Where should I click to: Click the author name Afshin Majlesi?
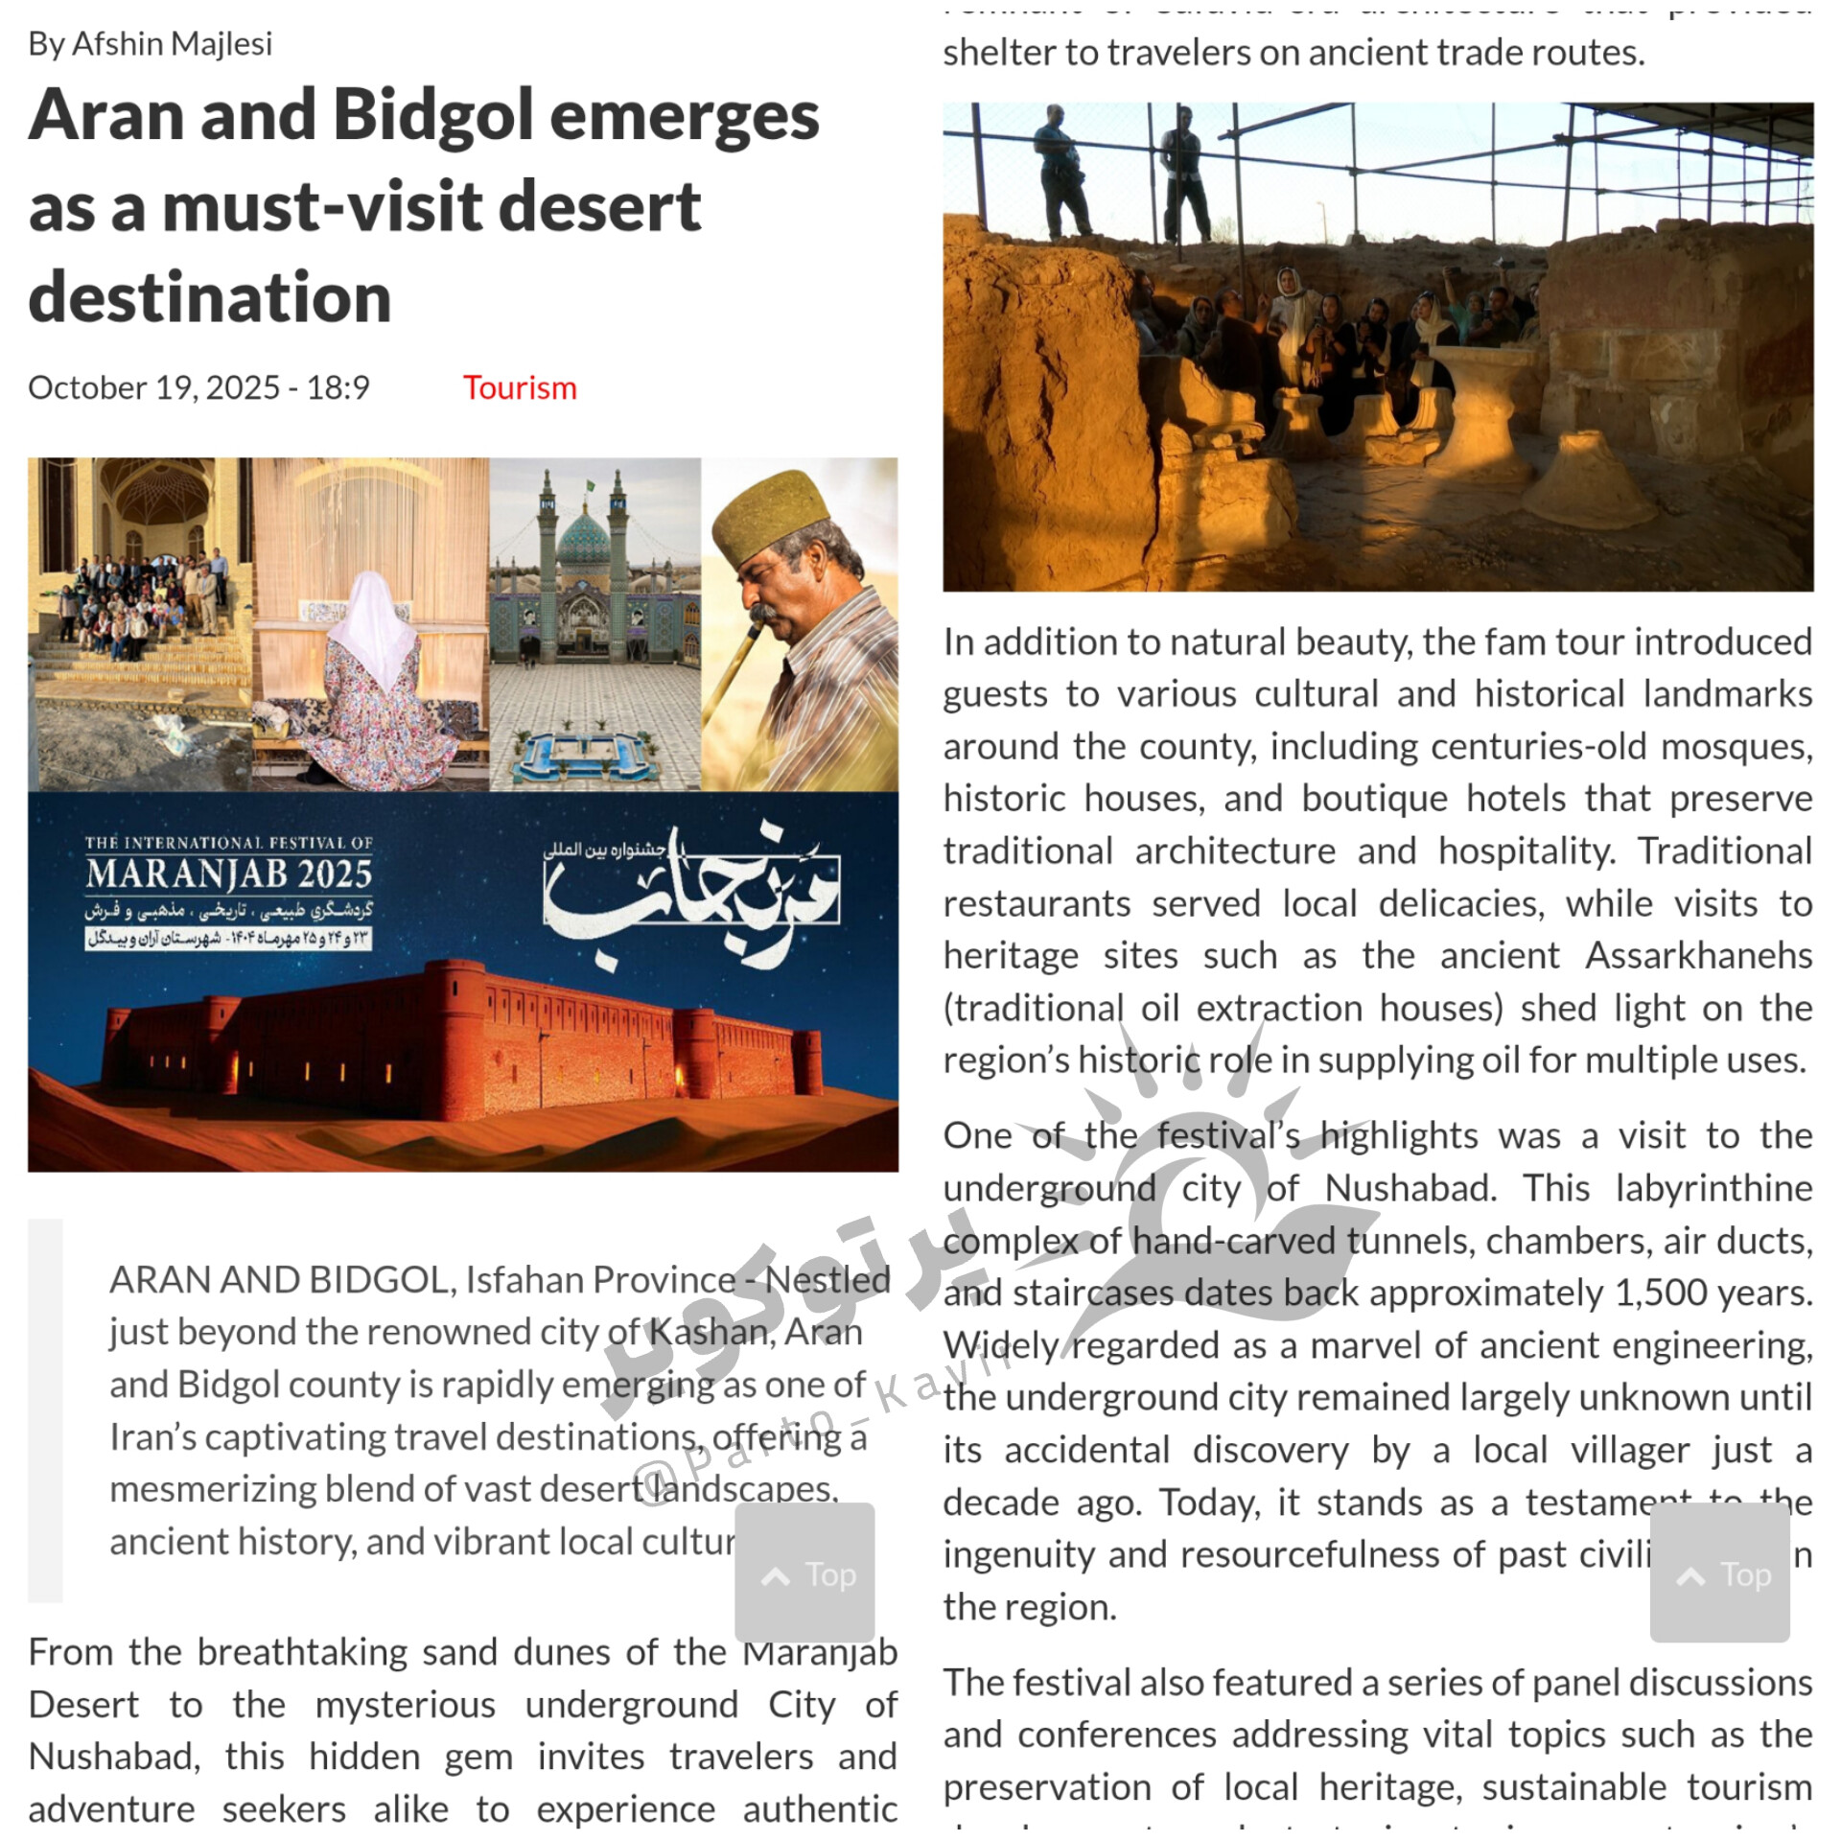point(172,44)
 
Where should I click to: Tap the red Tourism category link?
point(520,388)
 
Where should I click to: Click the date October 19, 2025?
point(153,388)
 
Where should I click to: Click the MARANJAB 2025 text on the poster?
point(228,874)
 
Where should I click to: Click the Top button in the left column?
point(804,1574)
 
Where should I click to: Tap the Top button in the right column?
point(1719,1574)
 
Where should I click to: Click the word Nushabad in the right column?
point(1410,1189)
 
